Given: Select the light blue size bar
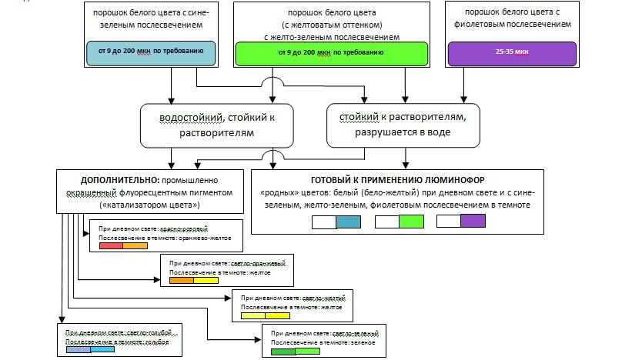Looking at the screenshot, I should coord(149,52).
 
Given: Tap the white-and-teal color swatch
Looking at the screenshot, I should coord(336,222).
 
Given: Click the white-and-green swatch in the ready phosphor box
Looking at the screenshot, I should coord(399,222).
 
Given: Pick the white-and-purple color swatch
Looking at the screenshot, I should coord(460,222).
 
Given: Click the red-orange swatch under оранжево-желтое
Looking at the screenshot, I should coord(123,246).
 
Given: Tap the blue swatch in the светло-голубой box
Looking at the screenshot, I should coord(91,350).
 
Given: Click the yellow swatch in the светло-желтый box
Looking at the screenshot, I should coord(266,315).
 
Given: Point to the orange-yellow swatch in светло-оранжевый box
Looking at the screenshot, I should coord(193,280).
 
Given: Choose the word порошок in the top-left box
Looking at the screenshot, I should coord(110,14).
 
